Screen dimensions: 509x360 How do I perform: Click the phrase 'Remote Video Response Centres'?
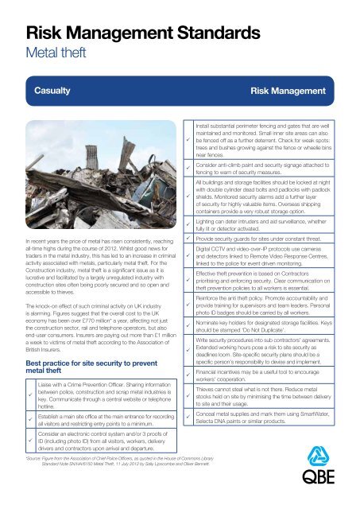point(294,260)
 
